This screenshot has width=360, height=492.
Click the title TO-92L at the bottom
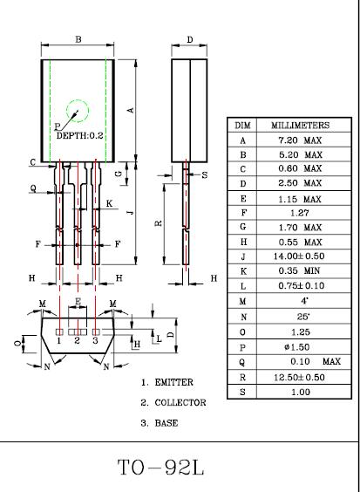coord(161,468)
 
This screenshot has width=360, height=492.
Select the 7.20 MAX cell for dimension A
coord(300,140)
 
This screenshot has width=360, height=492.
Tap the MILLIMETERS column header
coord(300,126)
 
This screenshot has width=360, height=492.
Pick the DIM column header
coord(242,126)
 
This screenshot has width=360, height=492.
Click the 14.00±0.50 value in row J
coord(299,256)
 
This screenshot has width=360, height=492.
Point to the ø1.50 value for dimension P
coord(296,347)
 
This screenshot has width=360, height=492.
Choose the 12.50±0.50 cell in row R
coord(299,377)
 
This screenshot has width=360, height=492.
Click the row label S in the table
coord(242,392)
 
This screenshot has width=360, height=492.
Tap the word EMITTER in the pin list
coord(174,382)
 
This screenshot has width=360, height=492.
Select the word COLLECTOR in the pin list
coord(180,402)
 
